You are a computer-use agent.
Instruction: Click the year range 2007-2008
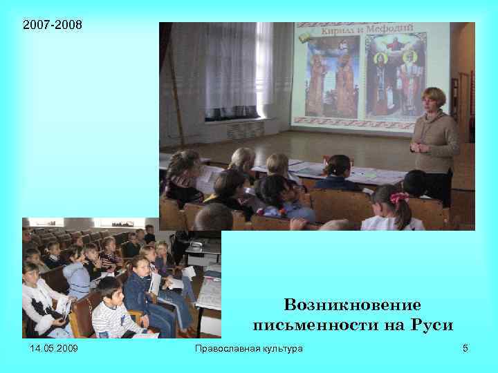52,26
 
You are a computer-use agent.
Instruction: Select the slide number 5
465,349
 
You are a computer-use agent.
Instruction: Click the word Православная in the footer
225,349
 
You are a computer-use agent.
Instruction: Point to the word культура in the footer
279,349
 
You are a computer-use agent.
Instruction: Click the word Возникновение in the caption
352,305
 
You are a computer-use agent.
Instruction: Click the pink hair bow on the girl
399,198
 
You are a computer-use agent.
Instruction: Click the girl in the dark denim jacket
140,287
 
